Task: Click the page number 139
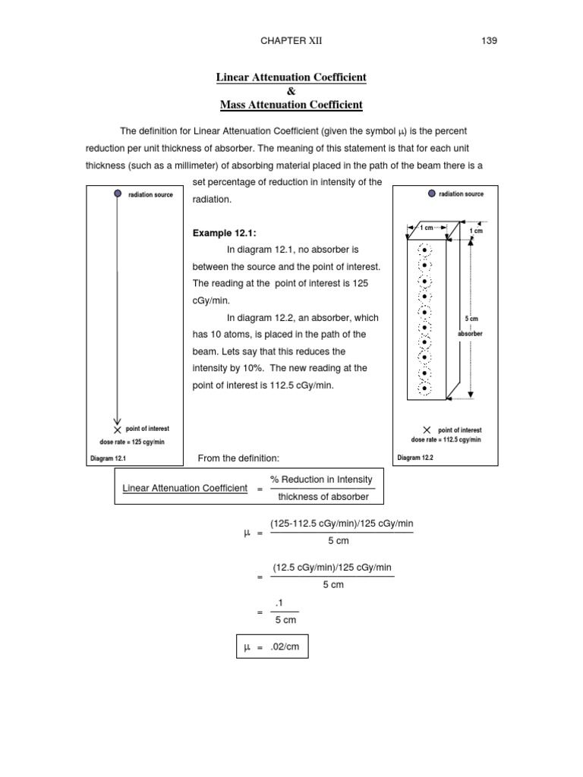click(x=489, y=41)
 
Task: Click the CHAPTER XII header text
click(x=291, y=41)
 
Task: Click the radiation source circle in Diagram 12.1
click(x=117, y=194)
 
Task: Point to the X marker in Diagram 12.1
click(x=117, y=429)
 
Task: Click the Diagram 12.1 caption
click(x=108, y=458)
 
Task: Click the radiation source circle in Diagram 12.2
click(x=432, y=193)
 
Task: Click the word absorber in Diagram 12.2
click(x=471, y=334)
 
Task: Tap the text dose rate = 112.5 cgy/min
click(x=446, y=439)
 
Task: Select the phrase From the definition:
click(x=238, y=458)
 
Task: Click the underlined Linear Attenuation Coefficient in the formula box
click(x=184, y=488)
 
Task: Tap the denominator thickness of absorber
click(x=323, y=497)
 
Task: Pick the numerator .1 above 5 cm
click(x=285, y=603)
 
